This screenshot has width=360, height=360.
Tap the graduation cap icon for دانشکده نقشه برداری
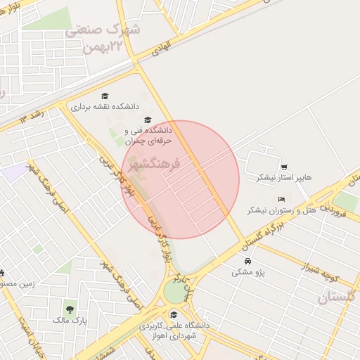105,96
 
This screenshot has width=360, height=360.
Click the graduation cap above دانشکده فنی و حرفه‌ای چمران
148,120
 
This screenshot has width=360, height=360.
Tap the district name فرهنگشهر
155,164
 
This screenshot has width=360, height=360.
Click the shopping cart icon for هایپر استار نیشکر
284,167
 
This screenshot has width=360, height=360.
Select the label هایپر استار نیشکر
266,179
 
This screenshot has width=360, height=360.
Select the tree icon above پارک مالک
69,309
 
